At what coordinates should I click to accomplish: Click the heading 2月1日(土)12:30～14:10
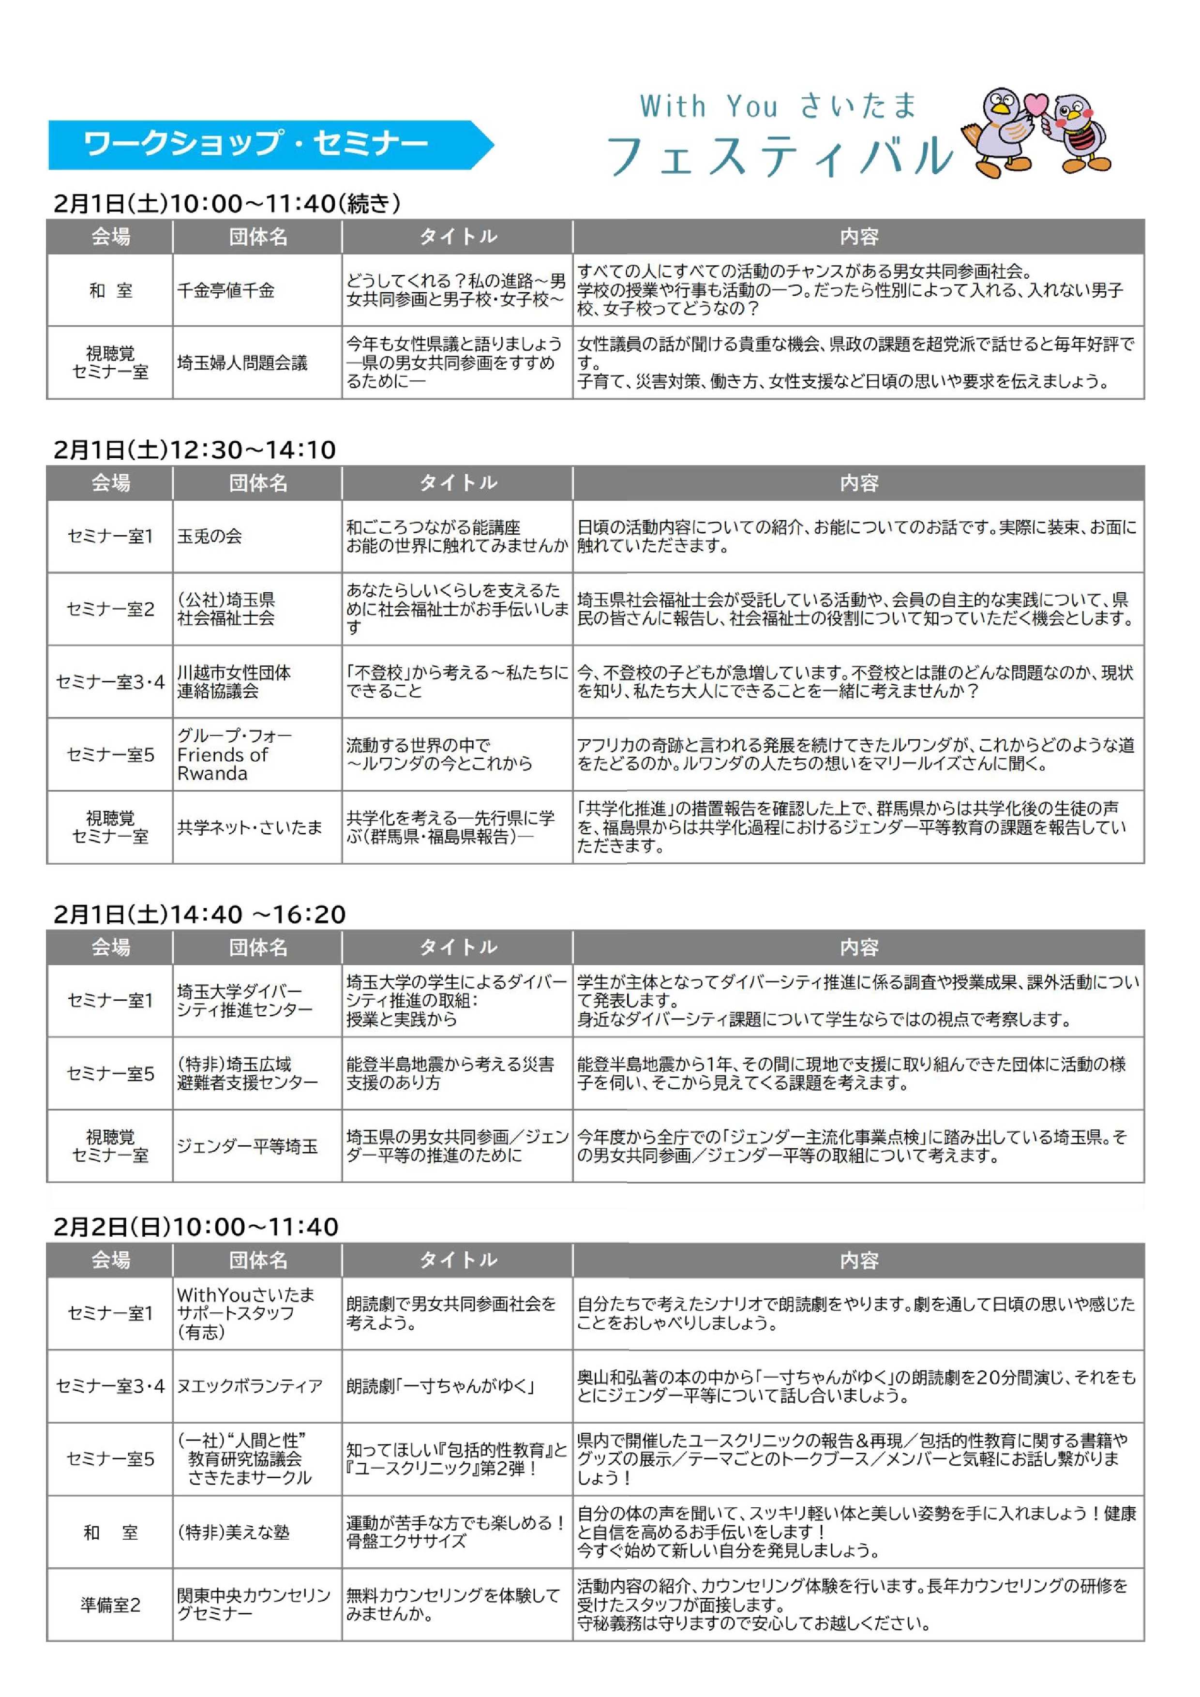[x=195, y=450]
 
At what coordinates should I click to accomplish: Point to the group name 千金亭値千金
[x=226, y=290]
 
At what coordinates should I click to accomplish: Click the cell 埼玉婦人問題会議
[x=242, y=363]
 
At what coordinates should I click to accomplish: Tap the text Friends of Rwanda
[x=223, y=764]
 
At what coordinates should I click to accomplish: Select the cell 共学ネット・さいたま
[x=250, y=827]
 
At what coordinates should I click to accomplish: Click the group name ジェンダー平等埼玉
[x=248, y=1146]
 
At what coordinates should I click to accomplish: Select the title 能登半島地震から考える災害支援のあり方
[x=450, y=1073]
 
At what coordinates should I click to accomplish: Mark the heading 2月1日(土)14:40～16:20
[x=199, y=915]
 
